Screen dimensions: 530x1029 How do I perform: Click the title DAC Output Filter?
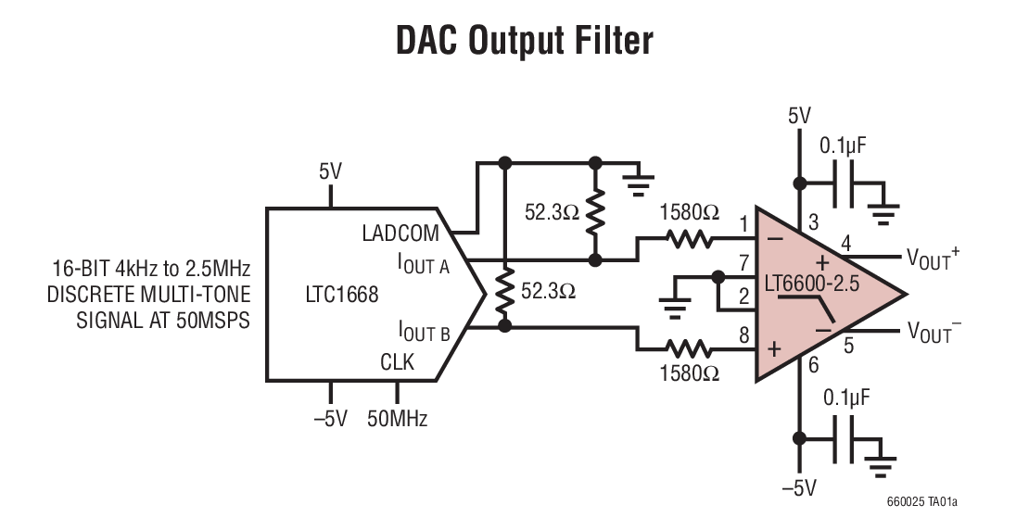tap(525, 42)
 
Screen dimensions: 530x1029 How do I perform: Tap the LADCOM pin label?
tap(400, 233)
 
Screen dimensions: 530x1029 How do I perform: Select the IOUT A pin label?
tap(424, 265)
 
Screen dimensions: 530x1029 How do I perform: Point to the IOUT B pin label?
tap(424, 330)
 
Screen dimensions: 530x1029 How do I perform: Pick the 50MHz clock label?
tap(397, 419)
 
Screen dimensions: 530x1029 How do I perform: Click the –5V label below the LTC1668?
tap(330, 419)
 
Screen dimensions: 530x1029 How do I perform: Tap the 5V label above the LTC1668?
tap(330, 171)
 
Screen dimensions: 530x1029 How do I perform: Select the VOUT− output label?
tap(933, 332)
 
